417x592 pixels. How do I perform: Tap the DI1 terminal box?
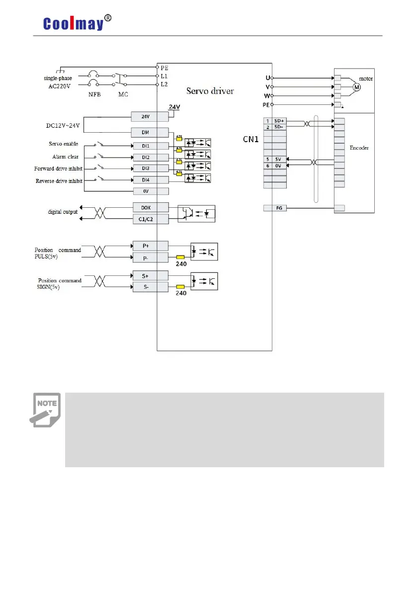150,146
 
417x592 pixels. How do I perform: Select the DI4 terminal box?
150,180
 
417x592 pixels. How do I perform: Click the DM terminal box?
150,132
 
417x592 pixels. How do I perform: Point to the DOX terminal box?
150,207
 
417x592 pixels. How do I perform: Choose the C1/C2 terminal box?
150,219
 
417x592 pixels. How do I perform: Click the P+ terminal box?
150,246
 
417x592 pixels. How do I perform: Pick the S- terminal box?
150,286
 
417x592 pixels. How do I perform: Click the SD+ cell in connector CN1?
279,121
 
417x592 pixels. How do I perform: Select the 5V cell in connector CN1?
279,159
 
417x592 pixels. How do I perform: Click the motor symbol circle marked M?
356,87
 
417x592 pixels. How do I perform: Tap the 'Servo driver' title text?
210,91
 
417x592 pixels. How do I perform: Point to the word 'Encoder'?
359,148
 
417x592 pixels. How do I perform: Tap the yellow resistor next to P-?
180,257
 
